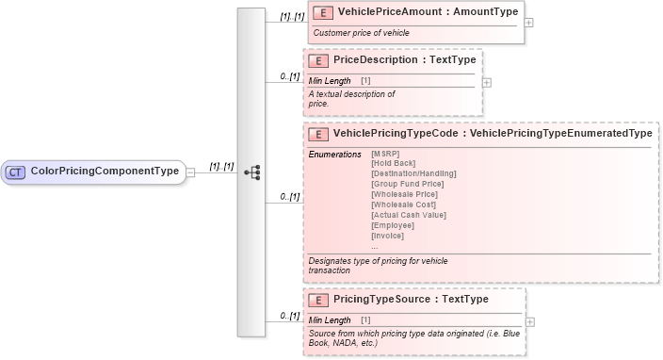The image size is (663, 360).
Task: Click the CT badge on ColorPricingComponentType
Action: [16, 172]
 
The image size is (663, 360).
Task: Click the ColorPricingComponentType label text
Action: [105, 172]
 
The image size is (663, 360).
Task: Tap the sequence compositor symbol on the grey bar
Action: [251, 172]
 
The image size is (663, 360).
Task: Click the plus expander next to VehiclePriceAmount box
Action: [528, 23]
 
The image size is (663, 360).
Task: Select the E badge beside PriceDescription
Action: [319, 60]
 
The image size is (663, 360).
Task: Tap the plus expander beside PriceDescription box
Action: [487, 81]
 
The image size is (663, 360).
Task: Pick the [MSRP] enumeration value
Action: [386, 153]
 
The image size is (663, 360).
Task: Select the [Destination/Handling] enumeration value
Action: [413, 173]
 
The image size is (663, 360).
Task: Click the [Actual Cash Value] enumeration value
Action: [409, 215]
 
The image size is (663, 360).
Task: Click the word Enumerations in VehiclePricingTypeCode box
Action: [334, 153]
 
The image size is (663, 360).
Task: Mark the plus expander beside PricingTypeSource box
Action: [530, 321]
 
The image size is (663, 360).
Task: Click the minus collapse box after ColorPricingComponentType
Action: [191, 172]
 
